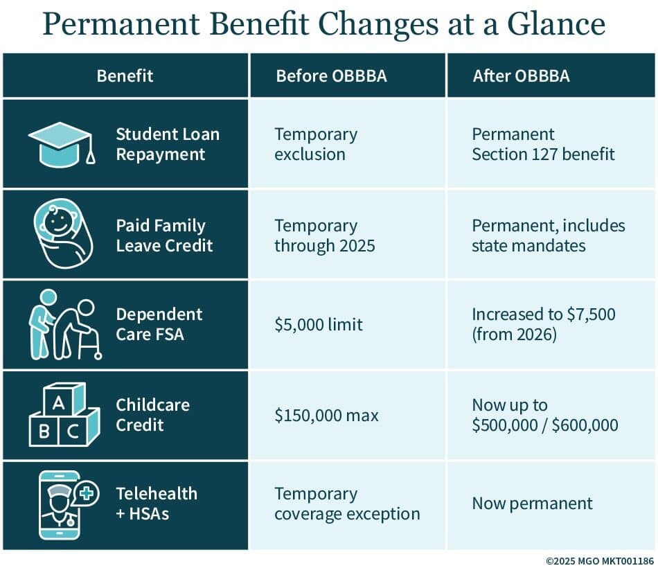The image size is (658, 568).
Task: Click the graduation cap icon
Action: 61,144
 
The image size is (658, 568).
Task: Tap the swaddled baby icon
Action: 62,236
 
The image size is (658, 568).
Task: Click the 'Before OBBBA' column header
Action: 331,76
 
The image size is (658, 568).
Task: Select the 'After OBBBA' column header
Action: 521,76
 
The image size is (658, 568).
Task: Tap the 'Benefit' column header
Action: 125,76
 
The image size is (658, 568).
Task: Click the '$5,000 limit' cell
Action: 319,323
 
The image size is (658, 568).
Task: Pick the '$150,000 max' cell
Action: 327,416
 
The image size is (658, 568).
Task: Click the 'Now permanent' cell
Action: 532,504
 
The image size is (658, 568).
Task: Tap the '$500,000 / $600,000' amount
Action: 545,425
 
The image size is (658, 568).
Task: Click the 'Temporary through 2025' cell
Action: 325,236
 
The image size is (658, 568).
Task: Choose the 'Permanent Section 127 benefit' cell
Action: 543,143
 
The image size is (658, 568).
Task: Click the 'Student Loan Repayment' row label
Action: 167,143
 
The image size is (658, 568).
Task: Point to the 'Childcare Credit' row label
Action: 152,414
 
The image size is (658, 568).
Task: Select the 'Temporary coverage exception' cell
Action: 347,504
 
